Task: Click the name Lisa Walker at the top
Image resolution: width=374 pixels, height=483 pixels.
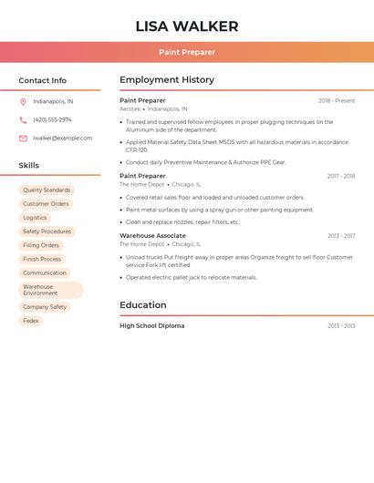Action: (x=187, y=26)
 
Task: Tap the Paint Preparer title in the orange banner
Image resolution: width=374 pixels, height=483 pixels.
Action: (x=187, y=53)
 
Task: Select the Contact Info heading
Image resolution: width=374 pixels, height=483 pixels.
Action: (x=43, y=80)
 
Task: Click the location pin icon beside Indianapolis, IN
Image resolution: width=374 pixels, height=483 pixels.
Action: (x=23, y=102)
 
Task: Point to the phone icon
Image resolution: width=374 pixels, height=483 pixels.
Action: (x=23, y=120)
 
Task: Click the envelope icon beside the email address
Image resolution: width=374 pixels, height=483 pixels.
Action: (x=23, y=139)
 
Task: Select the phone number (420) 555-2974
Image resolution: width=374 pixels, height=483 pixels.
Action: (x=52, y=120)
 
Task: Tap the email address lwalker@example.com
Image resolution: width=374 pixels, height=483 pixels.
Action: (x=62, y=139)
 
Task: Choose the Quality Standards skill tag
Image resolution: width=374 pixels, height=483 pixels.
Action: (x=47, y=190)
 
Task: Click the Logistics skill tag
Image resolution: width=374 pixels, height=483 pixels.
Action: (x=35, y=218)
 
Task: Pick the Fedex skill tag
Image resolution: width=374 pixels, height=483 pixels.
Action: (x=31, y=321)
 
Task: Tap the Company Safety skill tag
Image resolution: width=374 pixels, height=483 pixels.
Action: (x=45, y=307)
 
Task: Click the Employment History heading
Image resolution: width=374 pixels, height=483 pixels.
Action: (x=167, y=80)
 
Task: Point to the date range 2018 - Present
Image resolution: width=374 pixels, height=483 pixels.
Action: (x=337, y=101)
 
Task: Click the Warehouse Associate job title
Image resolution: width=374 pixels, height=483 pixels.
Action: (x=152, y=236)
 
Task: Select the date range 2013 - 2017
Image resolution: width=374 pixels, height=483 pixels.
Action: (x=341, y=236)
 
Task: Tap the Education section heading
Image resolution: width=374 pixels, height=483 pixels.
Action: (x=143, y=305)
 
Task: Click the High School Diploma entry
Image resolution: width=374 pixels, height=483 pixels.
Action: (x=151, y=326)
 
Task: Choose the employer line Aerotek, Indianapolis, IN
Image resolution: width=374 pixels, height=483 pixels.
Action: (x=160, y=108)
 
